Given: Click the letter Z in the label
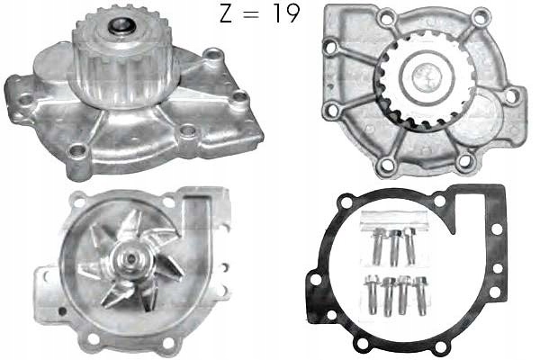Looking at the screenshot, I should pos(226,14).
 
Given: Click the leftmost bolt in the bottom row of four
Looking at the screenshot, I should pos(373,293).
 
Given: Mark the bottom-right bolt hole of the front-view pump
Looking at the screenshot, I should pos(465,163).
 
